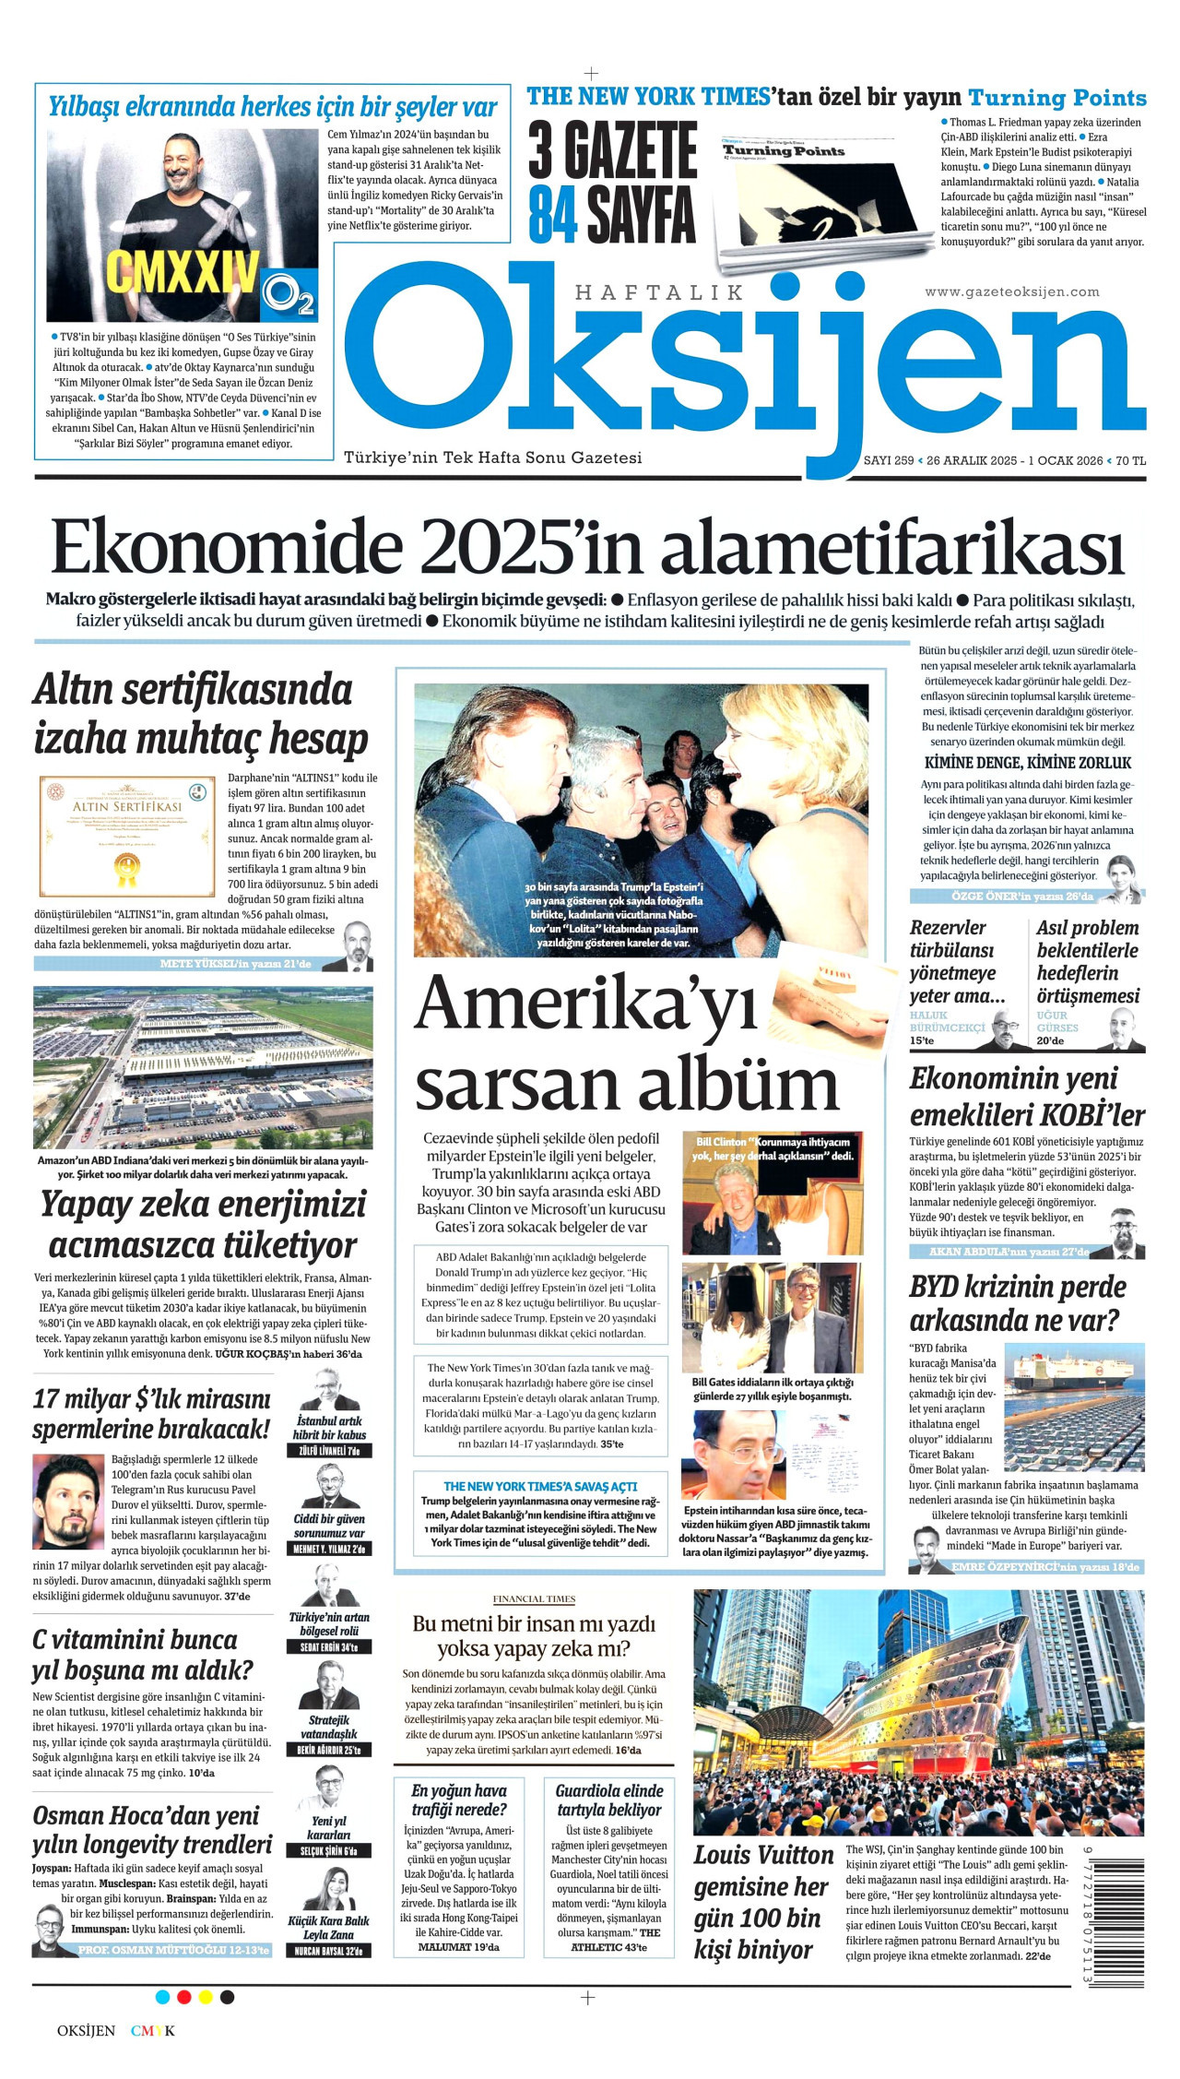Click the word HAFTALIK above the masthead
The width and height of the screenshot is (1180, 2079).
[x=658, y=292]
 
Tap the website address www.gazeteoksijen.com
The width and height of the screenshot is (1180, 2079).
[x=1011, y=291]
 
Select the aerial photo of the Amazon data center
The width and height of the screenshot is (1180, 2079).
[x=203, y=1066]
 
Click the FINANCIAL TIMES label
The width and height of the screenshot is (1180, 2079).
[x=534, y=1598]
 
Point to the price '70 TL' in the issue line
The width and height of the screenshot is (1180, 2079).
[x=1130, y=460]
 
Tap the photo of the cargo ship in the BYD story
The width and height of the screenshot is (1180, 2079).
[x=1074, y=1406]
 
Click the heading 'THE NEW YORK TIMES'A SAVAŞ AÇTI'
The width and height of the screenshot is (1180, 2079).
[x=540, y=1486]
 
